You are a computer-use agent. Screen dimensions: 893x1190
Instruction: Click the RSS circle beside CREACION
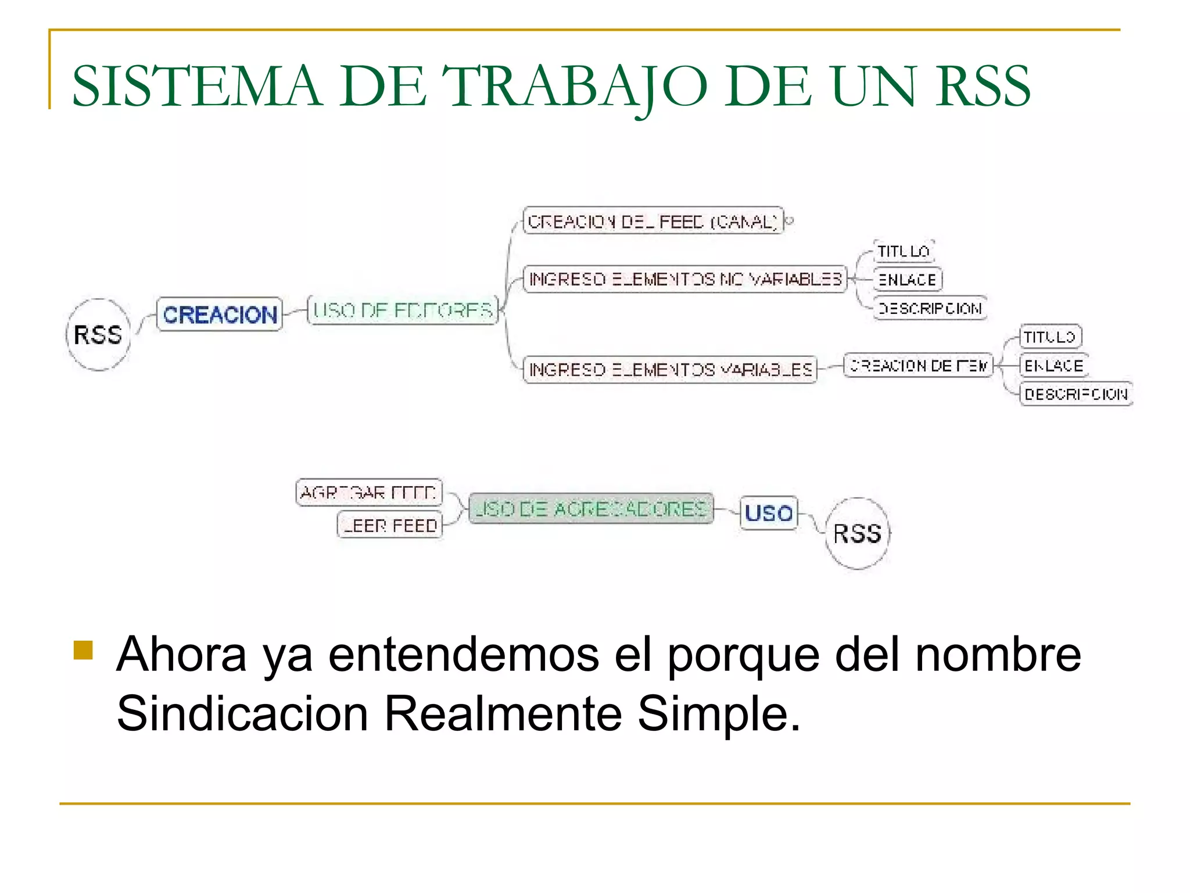[x=98, y=335]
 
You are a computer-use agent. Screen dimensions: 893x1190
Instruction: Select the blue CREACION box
[x=220, y=315]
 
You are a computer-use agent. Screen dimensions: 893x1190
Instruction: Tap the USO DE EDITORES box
[x=403, y=310]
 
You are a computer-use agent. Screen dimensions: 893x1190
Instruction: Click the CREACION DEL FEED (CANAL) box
[x=653, y=222]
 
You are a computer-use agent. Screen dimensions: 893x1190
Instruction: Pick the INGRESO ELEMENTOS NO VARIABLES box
[x=685, y=279]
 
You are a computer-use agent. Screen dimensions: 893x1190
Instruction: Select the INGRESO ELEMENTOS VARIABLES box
[x=670, y=370]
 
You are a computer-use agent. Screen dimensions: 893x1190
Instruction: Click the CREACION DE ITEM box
[x=918, y=366]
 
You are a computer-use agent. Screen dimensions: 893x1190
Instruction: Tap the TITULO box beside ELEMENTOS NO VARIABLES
[x=904, y=252]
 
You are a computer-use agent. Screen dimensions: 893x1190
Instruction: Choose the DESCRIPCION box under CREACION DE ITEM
[x=1076, y=394]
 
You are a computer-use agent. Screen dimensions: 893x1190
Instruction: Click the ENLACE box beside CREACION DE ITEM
[x=1053, y=366]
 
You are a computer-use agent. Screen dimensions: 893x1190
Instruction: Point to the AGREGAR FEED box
[x=369, y=492]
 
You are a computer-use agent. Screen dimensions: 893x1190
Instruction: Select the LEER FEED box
[x=390, y=526]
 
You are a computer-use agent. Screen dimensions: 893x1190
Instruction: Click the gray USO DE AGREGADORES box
[x=590, y=509]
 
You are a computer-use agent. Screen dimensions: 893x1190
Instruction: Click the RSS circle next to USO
[x=857, y=534]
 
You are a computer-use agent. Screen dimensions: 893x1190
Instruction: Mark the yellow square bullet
[x=84, y=651]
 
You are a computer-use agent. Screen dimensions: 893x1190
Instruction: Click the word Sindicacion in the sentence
[x=242, y=713]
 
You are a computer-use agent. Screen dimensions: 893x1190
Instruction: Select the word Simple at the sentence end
[x=718, y=713]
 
